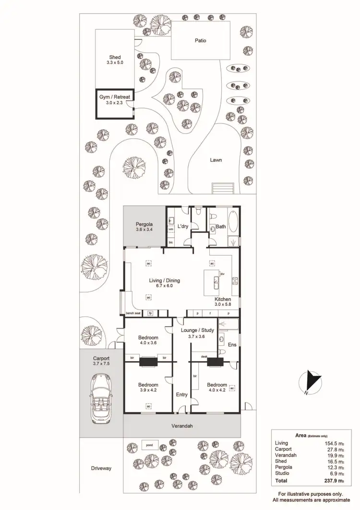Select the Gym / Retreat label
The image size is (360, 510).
[114, 97]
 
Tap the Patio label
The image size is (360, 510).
[200, 40]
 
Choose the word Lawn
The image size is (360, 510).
[216, 160]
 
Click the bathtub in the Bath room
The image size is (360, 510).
[233, 224]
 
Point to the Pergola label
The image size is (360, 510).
[144, 224]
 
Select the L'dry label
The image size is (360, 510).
[182, 226]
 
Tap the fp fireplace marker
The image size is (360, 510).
[150, 314]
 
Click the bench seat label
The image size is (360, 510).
[133, 314]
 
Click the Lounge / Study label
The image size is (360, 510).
[197, 330]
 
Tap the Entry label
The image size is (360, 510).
[182, 395]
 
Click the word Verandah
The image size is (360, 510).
[182, 426]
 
